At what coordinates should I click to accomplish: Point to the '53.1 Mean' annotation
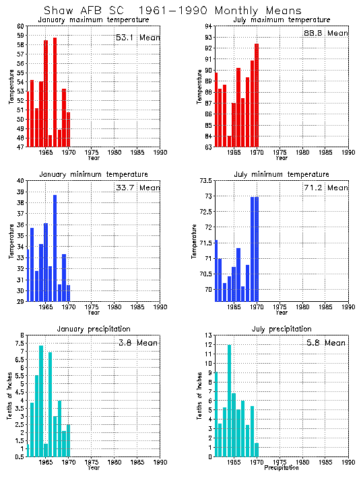tap(137, 38)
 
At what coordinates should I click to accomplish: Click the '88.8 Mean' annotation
tap(326, 33)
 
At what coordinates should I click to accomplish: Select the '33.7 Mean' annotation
tap(137, 188)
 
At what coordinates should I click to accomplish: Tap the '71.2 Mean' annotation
tap(326, 188)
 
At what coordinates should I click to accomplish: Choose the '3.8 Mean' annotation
tap(137, 343)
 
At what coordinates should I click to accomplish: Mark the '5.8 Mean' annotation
tap(326, 343)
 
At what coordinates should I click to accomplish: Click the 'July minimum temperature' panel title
tap(282, 174)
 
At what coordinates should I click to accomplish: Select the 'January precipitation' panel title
tap(93, 329)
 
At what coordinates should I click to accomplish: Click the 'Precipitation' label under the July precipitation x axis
tap(282, 468)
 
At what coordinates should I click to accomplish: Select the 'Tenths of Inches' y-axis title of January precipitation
tap(10, 397)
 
